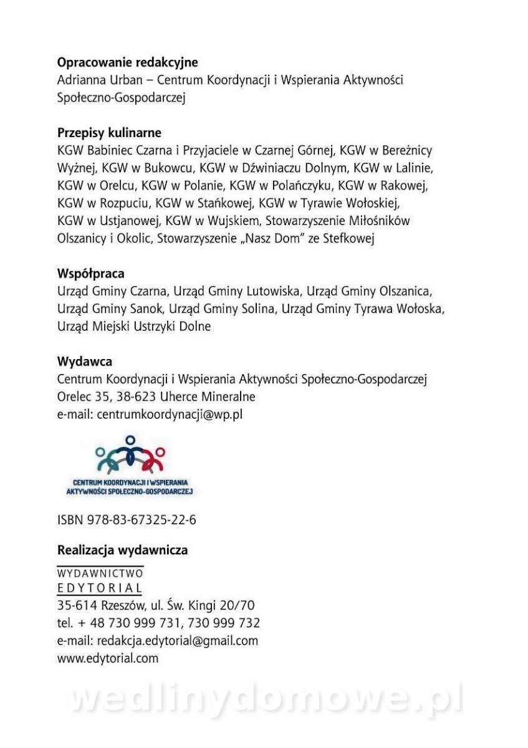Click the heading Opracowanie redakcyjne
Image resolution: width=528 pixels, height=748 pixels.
pos(127,62)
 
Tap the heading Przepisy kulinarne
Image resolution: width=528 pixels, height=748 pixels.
pos(109,133)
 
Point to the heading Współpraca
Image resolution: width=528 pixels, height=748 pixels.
pos(90,274)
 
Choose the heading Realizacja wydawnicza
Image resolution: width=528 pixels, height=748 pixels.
pos(122,550)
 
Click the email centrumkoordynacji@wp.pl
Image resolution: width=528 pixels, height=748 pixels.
pos(170,414)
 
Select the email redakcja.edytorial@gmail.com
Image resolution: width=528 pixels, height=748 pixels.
pos(178,640)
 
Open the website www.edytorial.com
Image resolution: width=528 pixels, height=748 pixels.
pos(108,658)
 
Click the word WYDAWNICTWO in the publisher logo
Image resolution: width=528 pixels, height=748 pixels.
pos(100,573)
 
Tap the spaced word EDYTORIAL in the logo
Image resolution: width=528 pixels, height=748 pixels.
pos(100,588)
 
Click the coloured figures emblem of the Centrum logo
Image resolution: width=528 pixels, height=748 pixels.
pos(130,454)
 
